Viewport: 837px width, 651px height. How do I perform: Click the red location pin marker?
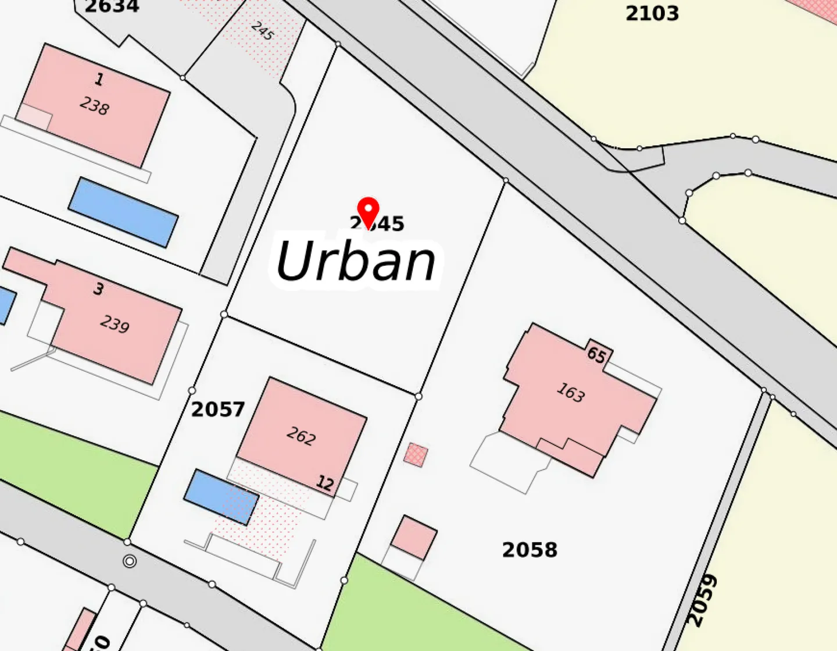[368, 212]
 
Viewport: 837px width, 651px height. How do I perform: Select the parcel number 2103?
[652, 13]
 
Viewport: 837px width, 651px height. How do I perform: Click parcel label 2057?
[218, 410]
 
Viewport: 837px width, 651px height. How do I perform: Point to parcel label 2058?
[530, 550]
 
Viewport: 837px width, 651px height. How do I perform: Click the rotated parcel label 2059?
[702, 600]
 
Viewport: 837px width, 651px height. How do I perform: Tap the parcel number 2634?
[112, 7]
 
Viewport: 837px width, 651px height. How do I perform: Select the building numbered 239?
[115, 324]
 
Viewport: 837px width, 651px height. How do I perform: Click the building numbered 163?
[570, 393]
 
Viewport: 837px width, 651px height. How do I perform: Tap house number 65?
[597, 354]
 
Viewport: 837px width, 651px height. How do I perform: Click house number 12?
[325, 483]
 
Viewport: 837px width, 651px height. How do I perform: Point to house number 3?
[99, 289]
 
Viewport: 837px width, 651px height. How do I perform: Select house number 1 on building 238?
[99, 79]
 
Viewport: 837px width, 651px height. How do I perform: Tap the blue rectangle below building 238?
[123, 212]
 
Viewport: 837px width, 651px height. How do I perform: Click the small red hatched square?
[416, 454]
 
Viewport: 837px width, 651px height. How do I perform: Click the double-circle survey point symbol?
[130, 561]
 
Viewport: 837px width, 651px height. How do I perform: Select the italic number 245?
[262, 30]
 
